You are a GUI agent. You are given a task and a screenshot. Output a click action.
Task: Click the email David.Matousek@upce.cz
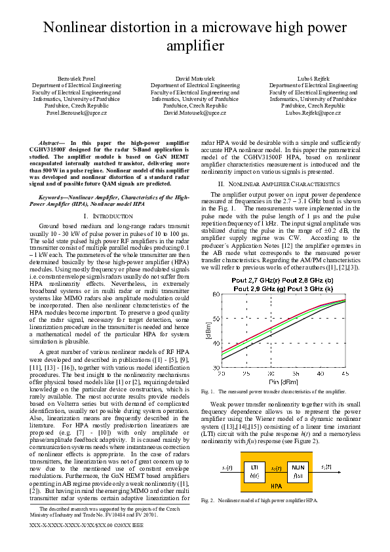(x=195, y=112)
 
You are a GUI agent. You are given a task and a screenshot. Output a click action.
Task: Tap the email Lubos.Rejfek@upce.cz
(x=313, y=112)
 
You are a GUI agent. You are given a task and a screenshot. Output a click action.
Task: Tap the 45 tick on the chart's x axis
(x=345, y=373)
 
